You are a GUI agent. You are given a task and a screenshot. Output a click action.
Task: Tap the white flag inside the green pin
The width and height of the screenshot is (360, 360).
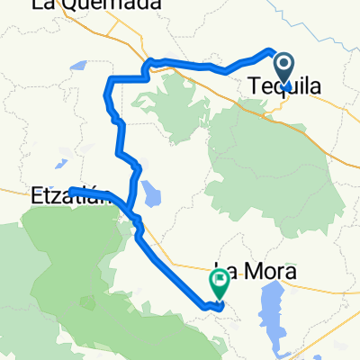[x=219, y=280]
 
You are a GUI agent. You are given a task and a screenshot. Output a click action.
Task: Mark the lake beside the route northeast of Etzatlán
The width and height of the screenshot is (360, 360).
[x=149, y=194]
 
